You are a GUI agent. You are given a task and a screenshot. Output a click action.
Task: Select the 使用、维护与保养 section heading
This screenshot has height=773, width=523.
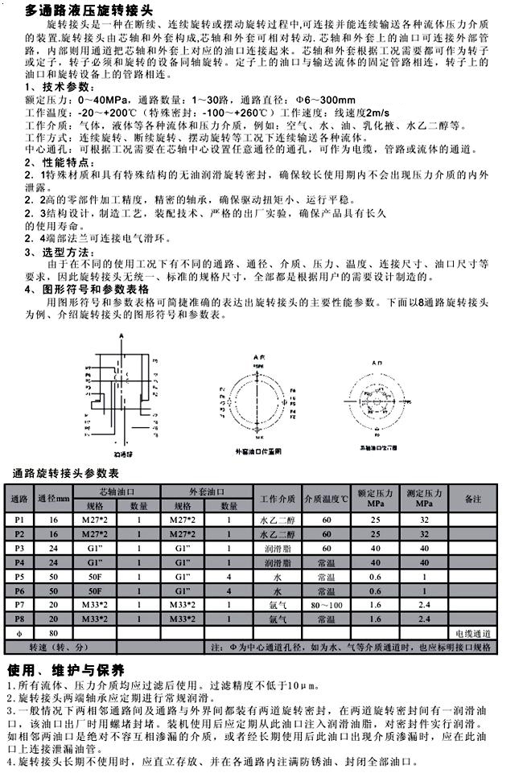click(x=65, y=671)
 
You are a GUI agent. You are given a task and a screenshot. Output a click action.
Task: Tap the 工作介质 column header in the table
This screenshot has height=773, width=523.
click(x=278, y=499)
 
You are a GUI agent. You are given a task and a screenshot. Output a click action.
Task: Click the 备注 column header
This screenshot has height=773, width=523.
click(x=472, y=499)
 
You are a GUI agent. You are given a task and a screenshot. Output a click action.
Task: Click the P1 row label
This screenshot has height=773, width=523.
click(x=19, y=520)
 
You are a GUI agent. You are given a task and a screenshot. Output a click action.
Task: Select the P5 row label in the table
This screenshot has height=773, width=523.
click(x=19, y=577)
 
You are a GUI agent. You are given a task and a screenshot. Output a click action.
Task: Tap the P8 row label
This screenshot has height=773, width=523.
click(x=19, y=619)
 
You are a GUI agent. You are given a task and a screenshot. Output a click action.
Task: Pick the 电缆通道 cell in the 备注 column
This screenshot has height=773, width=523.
click(x=472, y=633)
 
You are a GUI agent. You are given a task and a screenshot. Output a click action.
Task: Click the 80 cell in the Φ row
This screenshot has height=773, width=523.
click(x=54, y=633)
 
